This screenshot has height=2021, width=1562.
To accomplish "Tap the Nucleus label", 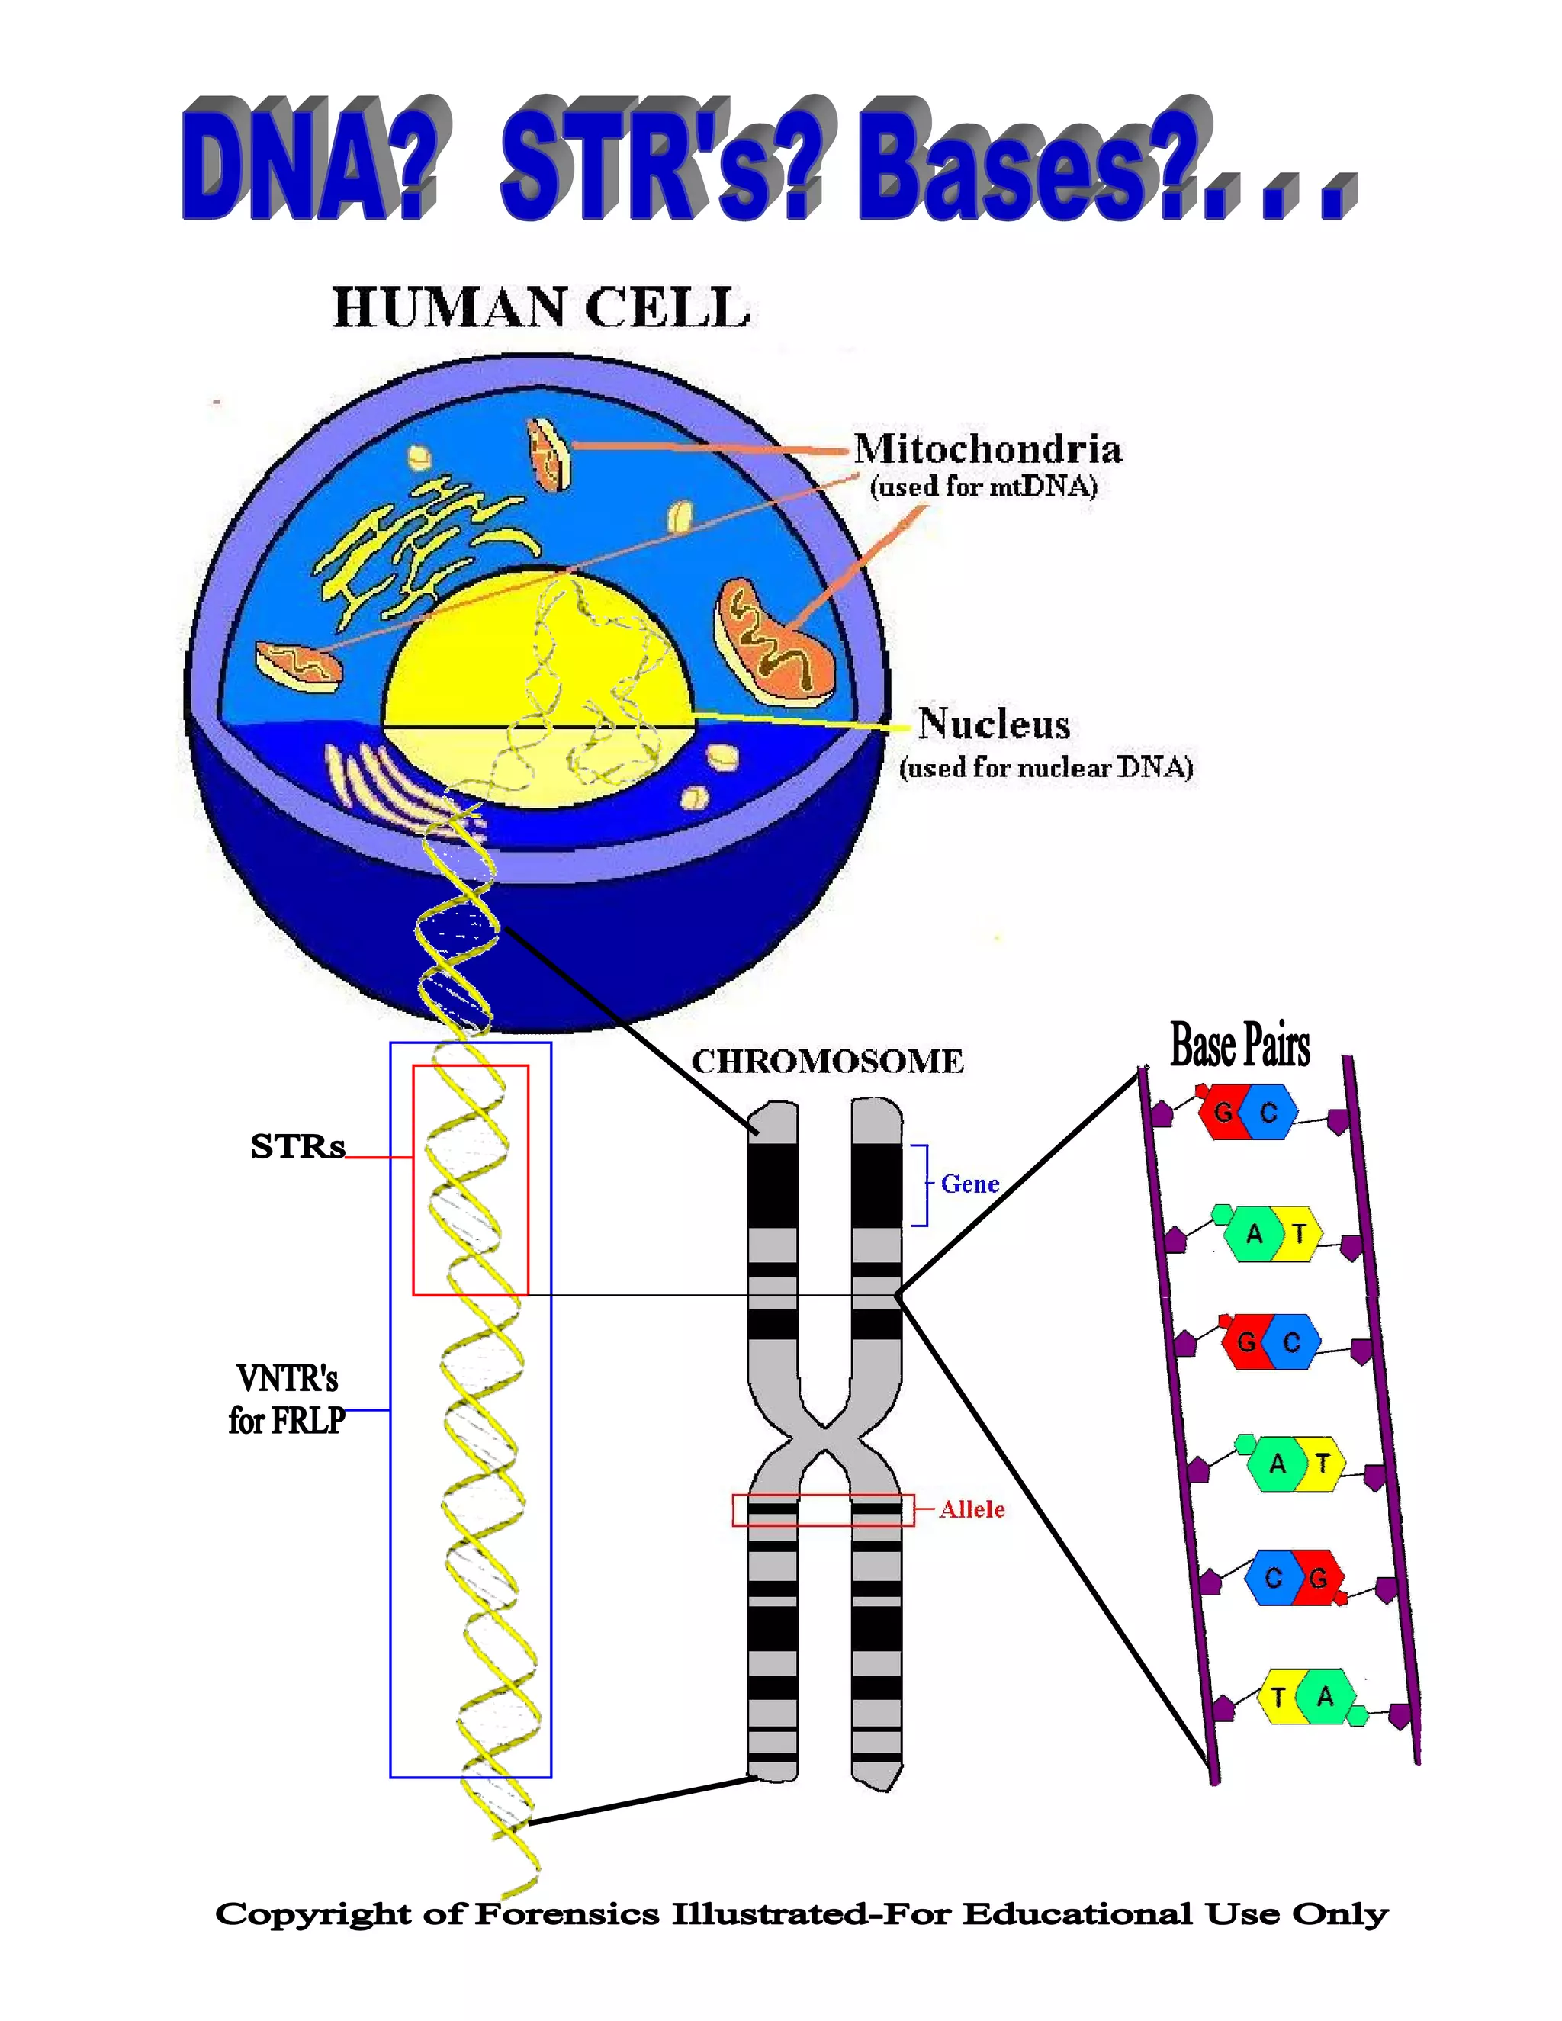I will [x=994, y=724].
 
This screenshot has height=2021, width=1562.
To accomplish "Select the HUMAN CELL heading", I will [x=541, y=308].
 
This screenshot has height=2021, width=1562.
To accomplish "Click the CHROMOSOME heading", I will [x=828, y=1062].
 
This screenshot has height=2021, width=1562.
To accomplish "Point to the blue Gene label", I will [x=970, y=1184].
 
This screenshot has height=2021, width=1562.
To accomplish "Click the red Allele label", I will [x=972, y=1510].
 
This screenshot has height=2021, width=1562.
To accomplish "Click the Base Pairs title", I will [x=1240, y=1046].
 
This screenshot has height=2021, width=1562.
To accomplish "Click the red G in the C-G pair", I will [x=1319, y=1578].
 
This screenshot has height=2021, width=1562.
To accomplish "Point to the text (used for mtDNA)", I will [x=982, y=487].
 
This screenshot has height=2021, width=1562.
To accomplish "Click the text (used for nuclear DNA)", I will [x=1046, y=767].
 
